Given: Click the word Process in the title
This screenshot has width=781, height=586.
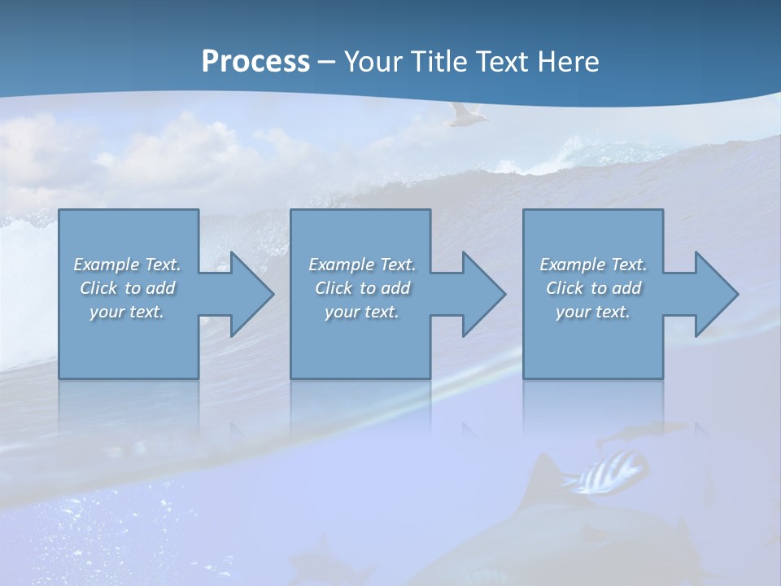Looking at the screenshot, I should coord(255,62).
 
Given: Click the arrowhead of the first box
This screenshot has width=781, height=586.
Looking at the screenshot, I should coord(247,294).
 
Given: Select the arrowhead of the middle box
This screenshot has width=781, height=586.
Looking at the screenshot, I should coord(480,294).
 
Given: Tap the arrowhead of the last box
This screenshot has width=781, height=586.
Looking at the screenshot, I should coord(713,294).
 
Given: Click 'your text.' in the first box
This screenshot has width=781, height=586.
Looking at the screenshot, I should coord(127,312).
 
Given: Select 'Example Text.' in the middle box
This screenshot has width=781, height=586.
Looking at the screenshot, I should coord(362,265).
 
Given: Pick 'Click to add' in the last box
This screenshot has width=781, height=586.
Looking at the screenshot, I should coord(593,288).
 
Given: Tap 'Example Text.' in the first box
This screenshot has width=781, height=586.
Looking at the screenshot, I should coord(127,265).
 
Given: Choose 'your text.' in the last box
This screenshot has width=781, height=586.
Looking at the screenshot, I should coord(593,312).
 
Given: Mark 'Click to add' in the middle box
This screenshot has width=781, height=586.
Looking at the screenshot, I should coord(362,288).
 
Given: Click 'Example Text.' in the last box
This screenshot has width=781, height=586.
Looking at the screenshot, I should coord(593,265).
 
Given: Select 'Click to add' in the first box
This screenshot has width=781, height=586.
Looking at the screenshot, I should coord(127,288).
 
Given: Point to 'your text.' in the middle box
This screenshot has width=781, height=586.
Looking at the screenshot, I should coord(362,312).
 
